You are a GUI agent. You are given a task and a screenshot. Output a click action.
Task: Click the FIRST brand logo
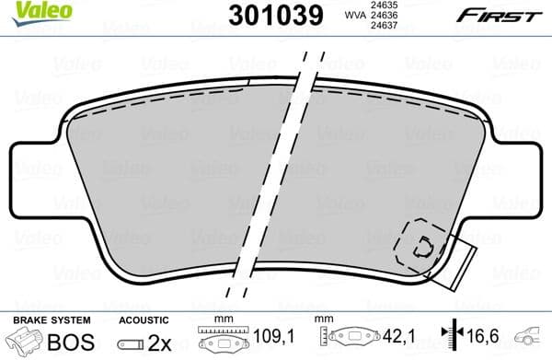click(500, 16)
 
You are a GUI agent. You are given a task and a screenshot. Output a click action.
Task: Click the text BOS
click(65, 343)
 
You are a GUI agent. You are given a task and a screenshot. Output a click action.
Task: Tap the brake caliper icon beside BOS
click(26, 343)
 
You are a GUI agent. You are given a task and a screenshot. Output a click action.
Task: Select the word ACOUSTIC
click(143, 320)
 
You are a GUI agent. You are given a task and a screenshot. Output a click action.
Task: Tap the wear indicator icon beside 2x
click(130, 344)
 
